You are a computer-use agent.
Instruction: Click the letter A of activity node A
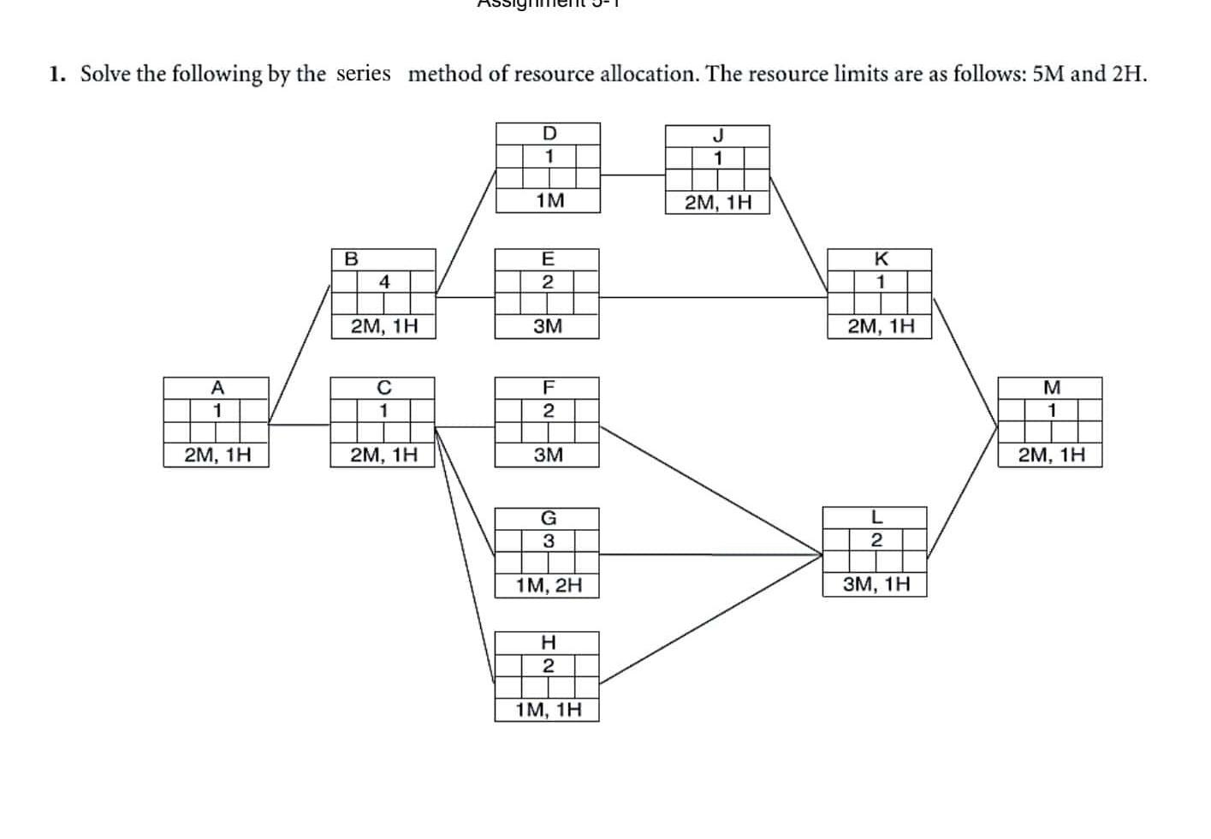click(217, 387)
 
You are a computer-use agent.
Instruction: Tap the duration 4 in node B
click(384, 281)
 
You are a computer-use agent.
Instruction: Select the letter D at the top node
click(549, 133)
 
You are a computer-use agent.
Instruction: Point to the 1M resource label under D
click(549, 201)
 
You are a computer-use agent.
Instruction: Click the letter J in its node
click(718, 134)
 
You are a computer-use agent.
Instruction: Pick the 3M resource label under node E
click(548, 326)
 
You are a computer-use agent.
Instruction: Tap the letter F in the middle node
click(549, 387)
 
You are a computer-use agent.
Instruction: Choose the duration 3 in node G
click(549, 540)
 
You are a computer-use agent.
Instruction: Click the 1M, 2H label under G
click(549, 586)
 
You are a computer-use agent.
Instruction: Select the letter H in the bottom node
click(549, 641)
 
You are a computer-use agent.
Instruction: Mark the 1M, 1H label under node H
click(549, 710)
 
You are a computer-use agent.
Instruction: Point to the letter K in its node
click(881, 258)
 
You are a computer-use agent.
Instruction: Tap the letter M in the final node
click(1052, 387)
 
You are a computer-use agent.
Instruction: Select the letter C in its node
click(384, 387)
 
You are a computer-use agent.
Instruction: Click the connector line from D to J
click(633, 176)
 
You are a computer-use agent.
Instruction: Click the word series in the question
click(363, 74)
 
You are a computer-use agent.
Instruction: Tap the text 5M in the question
click(1048, 74)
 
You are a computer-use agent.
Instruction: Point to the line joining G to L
click(710, 555)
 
